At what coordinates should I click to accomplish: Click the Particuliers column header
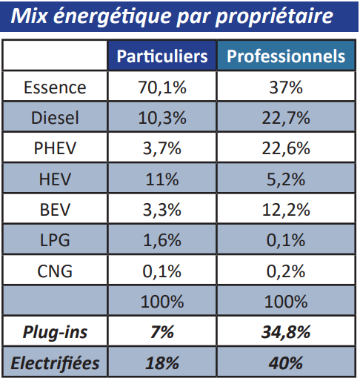point(162,56)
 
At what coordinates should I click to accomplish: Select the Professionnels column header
point(286,56)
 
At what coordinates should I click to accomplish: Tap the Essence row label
point(55,87)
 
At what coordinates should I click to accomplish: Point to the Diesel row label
point(55,118)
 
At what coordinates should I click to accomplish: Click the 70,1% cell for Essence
point(162,87)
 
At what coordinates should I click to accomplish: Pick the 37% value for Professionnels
point(286,87)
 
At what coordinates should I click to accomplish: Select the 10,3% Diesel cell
point(162,118)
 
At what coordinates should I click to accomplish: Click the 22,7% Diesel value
point(286,118)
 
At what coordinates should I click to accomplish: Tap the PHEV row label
point(55,148)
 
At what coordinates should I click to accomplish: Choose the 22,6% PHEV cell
point(286,148)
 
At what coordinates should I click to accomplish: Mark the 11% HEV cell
point(162,179)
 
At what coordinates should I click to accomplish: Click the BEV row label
point(55,210)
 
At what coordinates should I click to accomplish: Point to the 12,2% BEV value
point(286,210)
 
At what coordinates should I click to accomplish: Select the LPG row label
point(55,240)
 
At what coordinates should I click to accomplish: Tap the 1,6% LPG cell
point(162,240)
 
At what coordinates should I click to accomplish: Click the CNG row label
point(55,271)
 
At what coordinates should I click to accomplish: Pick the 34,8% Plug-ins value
point(286,333)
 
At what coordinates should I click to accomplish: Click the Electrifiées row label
point(55,363)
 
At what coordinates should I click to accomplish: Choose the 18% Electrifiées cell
point(162,363)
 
